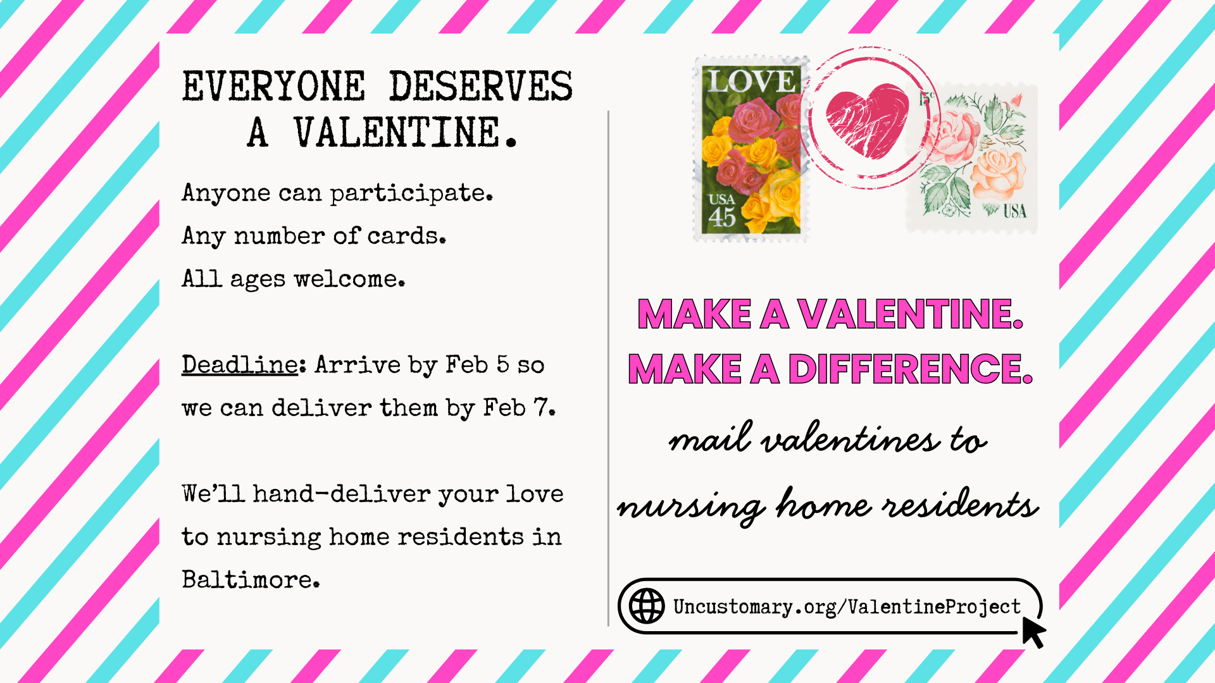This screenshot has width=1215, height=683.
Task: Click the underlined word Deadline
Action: [240, 365]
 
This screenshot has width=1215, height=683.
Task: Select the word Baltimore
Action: [251, 579]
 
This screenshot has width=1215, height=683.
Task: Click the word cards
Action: [407, 236]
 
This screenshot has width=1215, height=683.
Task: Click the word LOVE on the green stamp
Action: [751, 81]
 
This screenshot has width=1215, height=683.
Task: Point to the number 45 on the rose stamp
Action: [722, 217]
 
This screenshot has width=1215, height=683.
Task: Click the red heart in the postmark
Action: [868, 120]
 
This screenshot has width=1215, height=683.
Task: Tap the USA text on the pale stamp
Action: [1014, 211]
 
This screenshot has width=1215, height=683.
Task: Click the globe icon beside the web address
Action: [646, 606]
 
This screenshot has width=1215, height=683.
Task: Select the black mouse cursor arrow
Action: [1033, 632]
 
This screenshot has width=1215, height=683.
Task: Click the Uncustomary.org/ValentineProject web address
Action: [847, 607]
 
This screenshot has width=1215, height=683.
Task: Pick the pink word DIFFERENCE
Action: [910, 369]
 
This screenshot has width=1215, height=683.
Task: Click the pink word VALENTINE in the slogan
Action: [910, 314]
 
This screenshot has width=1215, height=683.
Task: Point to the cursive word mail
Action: [711, 438]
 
